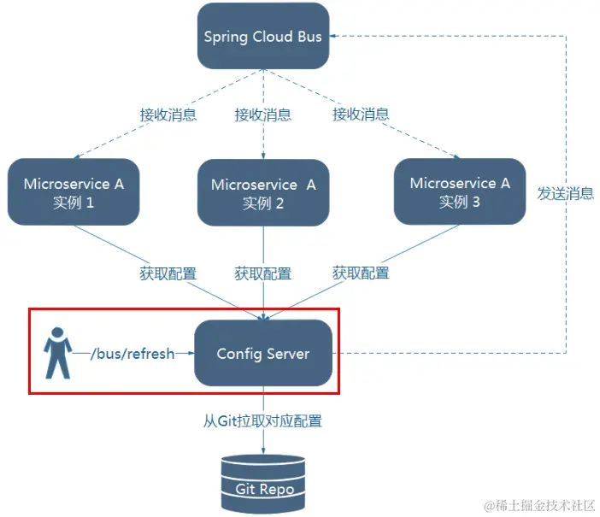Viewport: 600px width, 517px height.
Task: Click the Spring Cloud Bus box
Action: (262, 37)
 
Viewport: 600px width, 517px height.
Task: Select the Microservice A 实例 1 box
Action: (73, 191)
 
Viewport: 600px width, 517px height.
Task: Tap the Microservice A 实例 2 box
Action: (262, 193)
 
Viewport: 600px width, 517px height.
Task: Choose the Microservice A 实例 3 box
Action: (460, 191)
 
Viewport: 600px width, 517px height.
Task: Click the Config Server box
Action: (262, 353)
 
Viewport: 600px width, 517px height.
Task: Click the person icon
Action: (57, 352)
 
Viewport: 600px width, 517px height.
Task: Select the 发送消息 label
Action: (565, 193)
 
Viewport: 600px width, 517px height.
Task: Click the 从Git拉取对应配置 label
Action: (262, 420)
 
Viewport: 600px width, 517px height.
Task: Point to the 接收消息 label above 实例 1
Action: (168, 115)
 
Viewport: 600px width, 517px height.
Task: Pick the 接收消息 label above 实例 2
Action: (262, 115)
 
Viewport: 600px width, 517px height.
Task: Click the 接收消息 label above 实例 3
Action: (361, 115)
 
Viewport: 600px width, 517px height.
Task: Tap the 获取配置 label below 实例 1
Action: (168, 274)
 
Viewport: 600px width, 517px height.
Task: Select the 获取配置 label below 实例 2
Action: (262, 274)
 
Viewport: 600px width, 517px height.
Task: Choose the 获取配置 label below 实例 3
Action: (360, 273)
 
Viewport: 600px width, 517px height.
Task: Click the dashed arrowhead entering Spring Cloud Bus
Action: (334, 36)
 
